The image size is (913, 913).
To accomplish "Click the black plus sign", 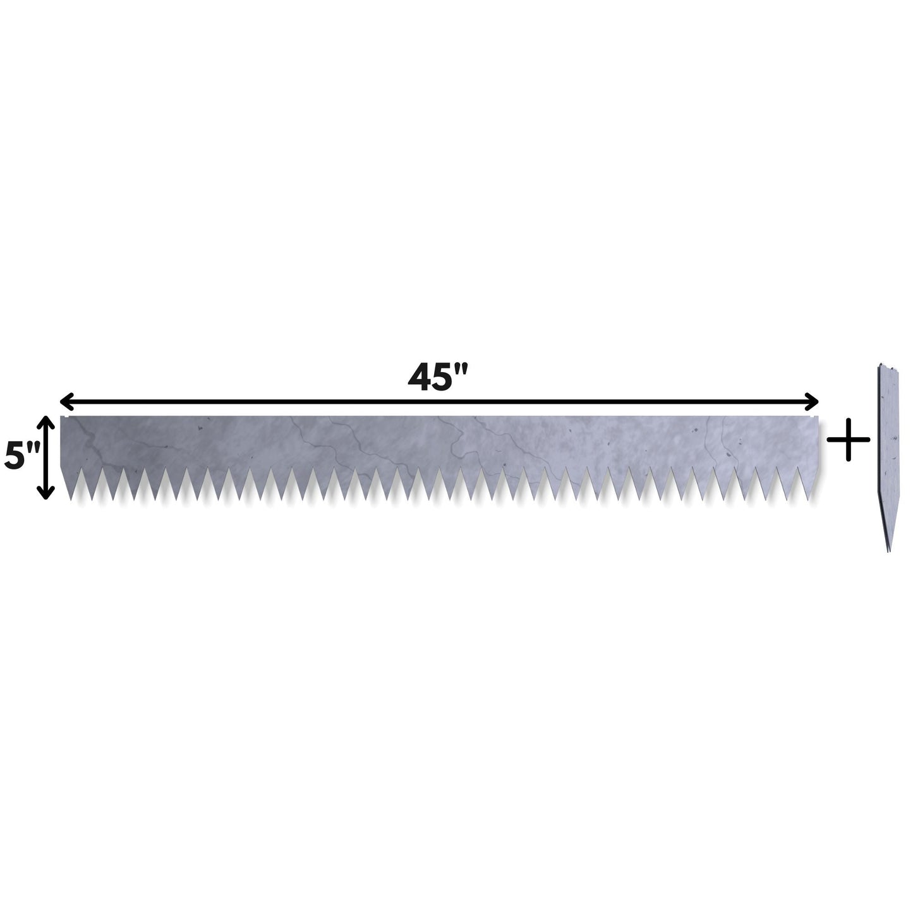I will click(x=848, y=439).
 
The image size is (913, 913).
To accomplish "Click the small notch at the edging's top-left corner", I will click(x=63, y=417).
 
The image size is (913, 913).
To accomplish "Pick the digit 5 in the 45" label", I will click(x=445, y=378).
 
